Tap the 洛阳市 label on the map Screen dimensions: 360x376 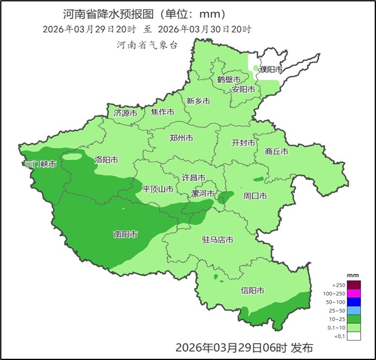coord(106,160)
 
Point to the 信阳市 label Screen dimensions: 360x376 coord(252,290)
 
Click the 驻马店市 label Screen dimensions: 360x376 coord(217,240)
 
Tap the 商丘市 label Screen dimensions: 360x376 coord(276,152)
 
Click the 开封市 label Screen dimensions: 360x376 coord(243,143)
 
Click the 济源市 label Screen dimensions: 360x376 coord(125,113)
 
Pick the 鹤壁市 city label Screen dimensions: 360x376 coord(229,80)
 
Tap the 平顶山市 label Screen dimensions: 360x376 coord(157,189)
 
